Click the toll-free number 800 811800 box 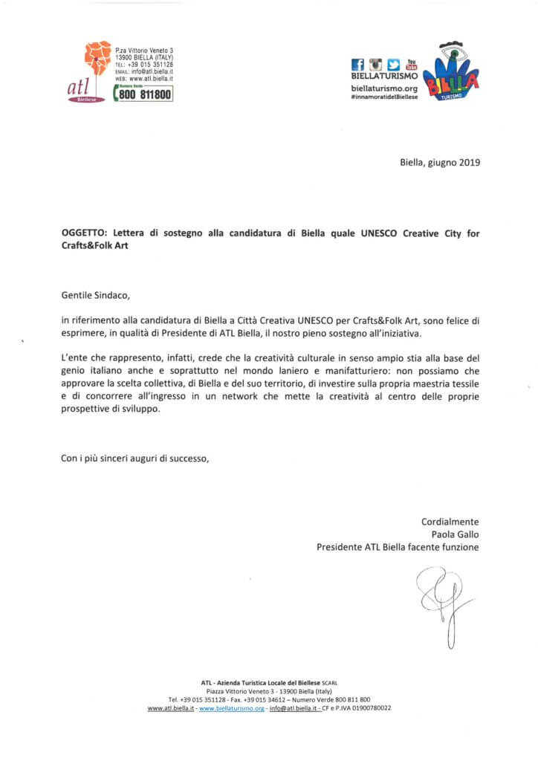click(x=143, y=94)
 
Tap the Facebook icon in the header click(x=357, y=65)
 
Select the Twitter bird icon click(x=394, y=65)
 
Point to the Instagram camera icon click(x=375, y=65)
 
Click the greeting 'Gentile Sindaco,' click(x=95, y=294)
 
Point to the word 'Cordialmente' click(x=450, y=522)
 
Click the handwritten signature click(x=442, y=598)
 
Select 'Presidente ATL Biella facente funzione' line click(x=398, y=548)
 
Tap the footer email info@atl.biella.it click(x=294, y=708)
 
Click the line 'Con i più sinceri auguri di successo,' click(x=134, y=459)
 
